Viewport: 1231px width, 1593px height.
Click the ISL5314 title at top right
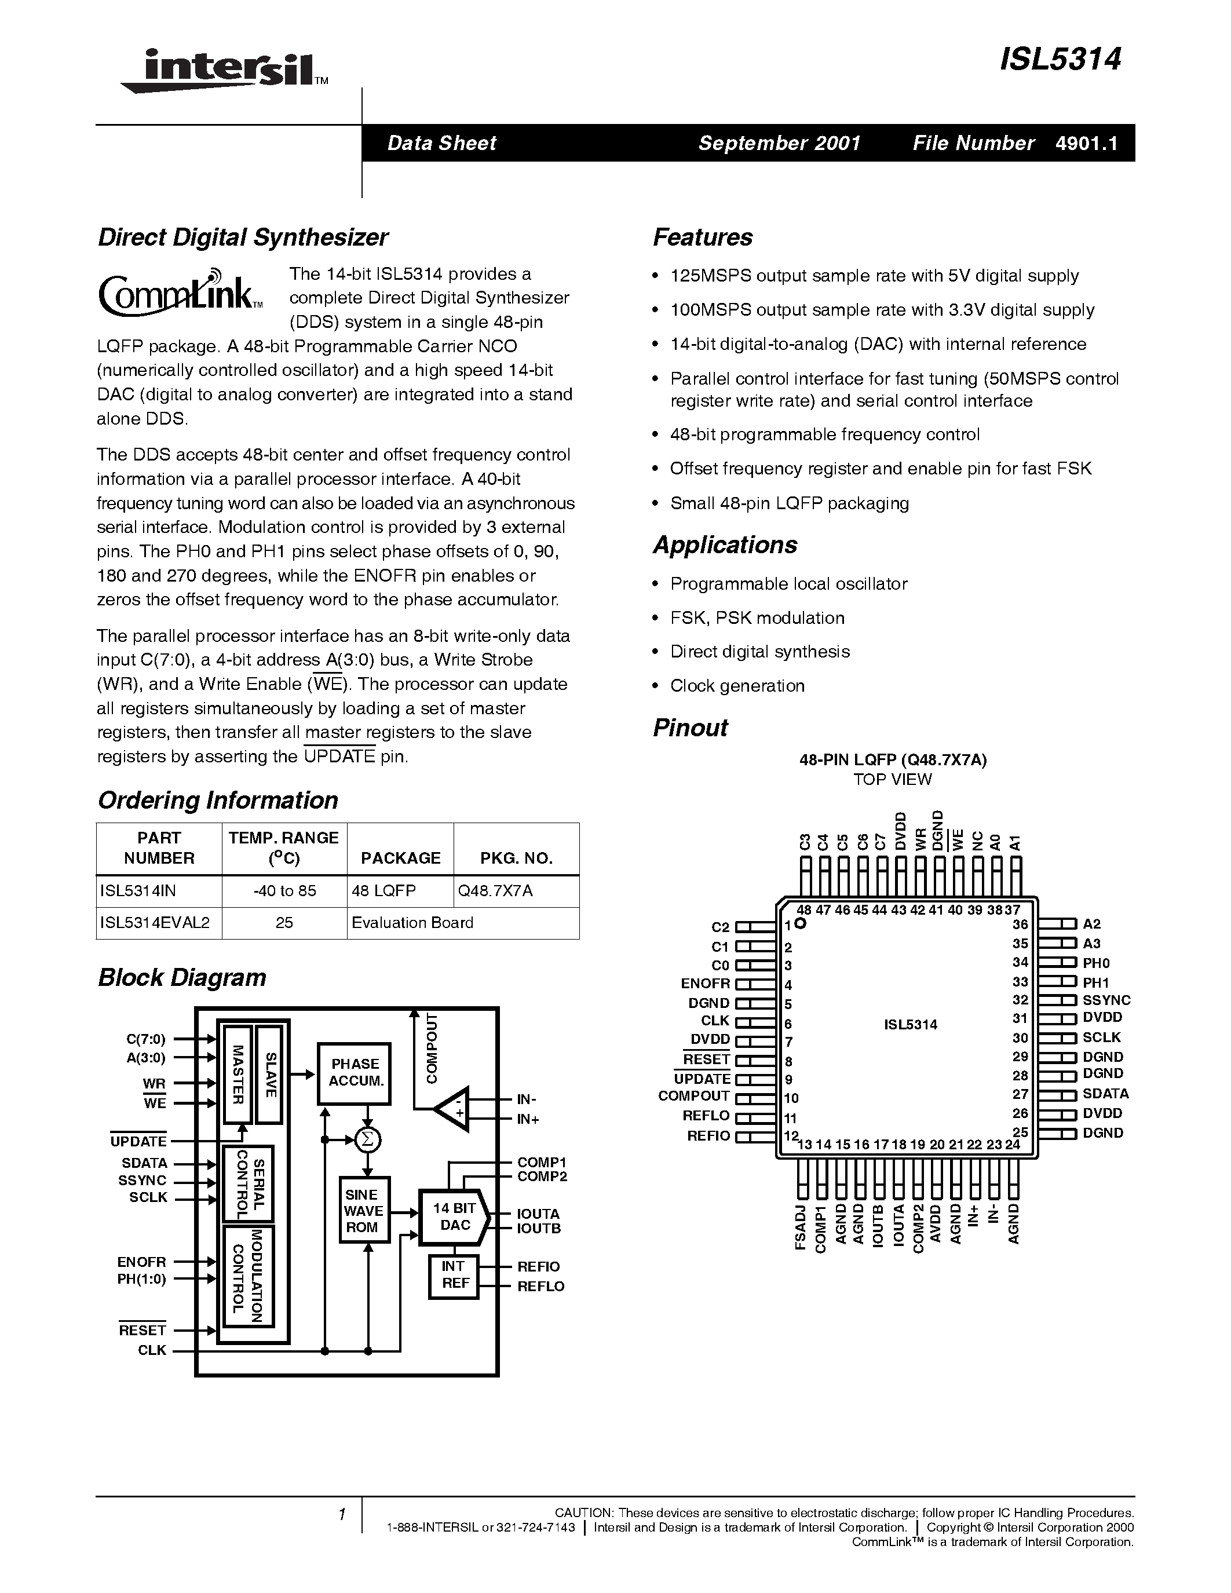point(1060,60)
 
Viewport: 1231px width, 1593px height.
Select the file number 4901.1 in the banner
point(1086,143)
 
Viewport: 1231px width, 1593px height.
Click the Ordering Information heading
point(218,800)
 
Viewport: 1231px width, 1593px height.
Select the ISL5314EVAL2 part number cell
point(155,923)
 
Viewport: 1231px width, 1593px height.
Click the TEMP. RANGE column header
point(284,847)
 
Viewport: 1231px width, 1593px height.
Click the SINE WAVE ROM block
point(363,1211)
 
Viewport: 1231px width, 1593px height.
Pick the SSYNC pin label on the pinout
point(1105,1000)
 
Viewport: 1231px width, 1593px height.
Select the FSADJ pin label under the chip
point(801,1228)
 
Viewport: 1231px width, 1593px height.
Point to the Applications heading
point(724,545)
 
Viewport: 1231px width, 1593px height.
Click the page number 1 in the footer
point(341,1514)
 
